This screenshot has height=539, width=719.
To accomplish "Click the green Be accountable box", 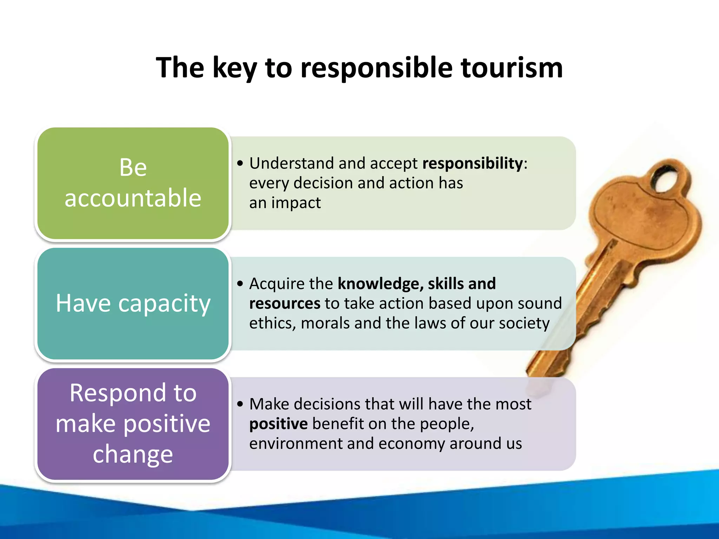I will (133, 183).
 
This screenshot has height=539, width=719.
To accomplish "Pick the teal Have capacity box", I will (133, 304).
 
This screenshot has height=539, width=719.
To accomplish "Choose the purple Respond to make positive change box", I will (133, 424).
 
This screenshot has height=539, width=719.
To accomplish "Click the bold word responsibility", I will (473, 164).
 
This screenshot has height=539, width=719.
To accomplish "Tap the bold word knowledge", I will (378, 284).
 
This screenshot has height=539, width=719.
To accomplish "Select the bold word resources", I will (285, 304).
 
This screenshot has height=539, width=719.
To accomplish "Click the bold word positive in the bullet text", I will (278, 424).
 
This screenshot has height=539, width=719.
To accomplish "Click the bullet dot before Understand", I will (240, 164).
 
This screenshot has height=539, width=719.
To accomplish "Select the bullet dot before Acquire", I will (240, 284).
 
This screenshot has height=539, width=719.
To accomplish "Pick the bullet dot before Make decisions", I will (240, 404).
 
